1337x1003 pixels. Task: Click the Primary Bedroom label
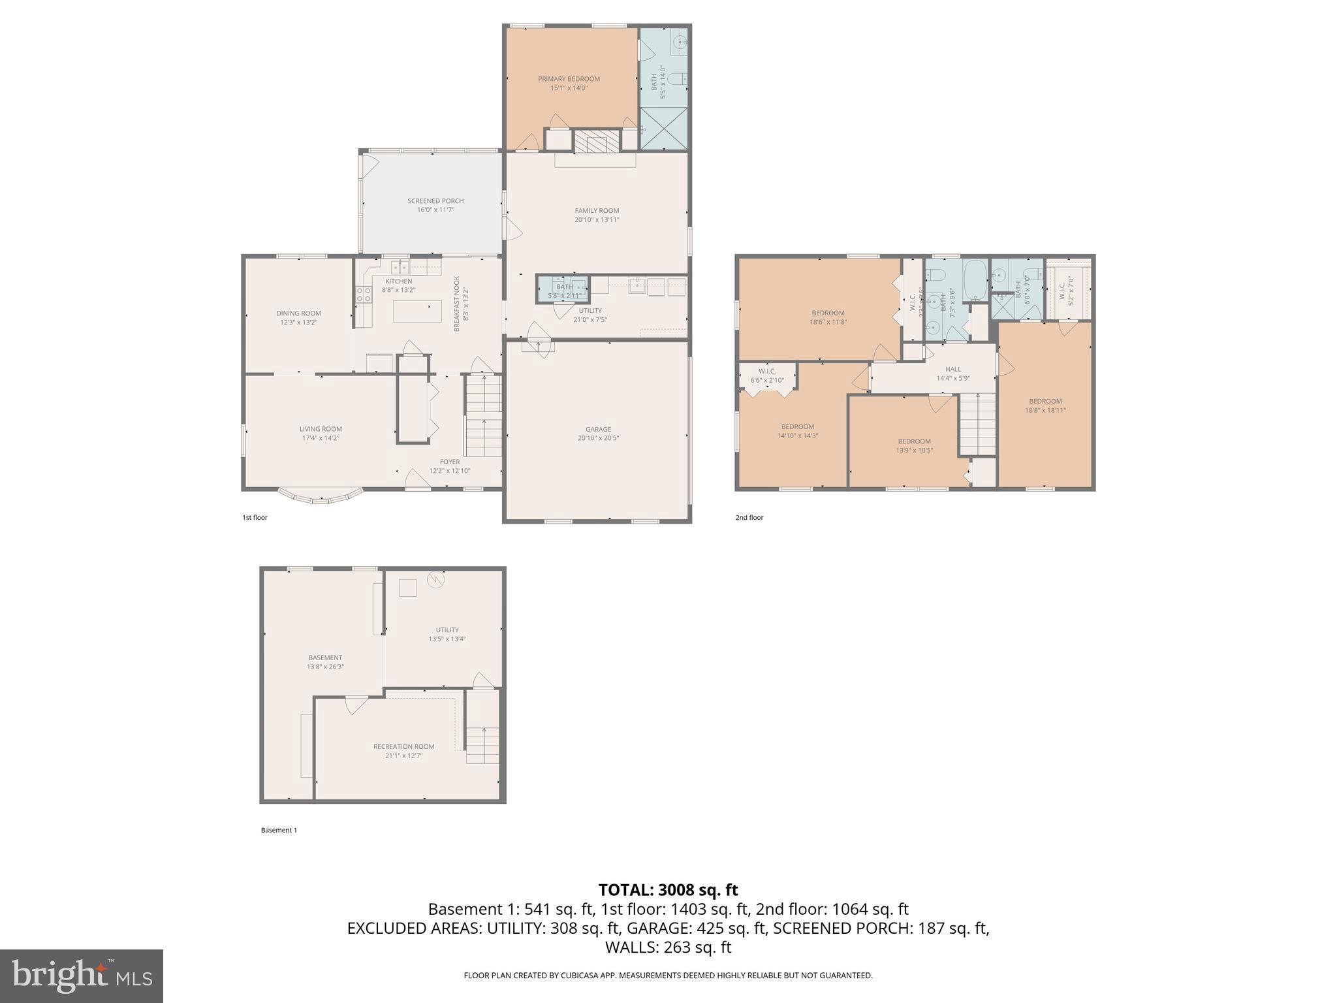(x=569, y=79)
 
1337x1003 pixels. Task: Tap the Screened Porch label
(x=435, y=201)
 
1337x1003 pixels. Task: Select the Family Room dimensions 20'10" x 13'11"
(x=597, y=220)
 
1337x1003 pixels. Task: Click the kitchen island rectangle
(x=417, y=311)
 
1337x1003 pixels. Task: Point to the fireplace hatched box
(x=595, y=140)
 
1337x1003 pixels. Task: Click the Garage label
(x=598, y=429)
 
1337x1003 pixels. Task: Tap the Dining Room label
(x=298, y=313)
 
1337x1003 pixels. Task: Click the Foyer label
(x=449, y=462)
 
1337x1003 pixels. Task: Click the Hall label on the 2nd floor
(x=953, y=369)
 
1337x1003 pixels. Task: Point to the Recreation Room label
(x=403, y=746)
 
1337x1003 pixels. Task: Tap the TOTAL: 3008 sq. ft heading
(x=668, y=890)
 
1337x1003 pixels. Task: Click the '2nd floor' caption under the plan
(x=749, y=518)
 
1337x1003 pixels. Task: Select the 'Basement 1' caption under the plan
(x=279, y=830)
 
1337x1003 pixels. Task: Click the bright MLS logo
(x=82, y=976)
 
